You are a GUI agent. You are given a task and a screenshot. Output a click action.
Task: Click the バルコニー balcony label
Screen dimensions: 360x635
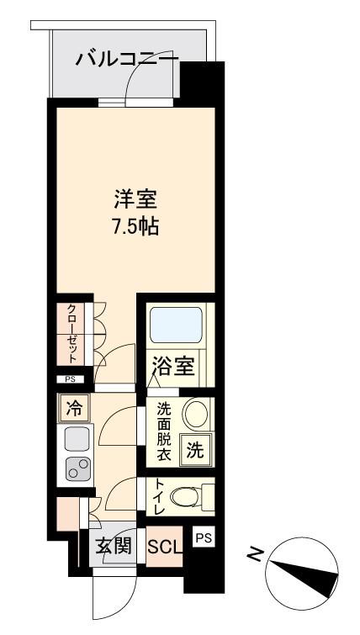127,60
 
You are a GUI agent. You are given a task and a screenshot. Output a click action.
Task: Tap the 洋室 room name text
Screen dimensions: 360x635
135,200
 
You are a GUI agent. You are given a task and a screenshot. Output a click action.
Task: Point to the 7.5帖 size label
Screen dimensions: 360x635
135,227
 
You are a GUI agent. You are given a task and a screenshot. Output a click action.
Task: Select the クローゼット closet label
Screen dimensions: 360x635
71,333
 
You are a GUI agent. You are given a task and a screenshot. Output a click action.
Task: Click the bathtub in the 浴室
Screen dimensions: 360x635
176,325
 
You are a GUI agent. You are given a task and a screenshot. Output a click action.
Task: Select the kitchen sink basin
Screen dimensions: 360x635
77,438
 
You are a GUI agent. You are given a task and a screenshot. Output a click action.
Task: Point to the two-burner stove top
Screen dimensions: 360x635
78,468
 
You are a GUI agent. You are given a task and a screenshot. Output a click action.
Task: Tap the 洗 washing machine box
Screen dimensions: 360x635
196,450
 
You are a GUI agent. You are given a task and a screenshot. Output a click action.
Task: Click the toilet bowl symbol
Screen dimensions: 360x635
186,496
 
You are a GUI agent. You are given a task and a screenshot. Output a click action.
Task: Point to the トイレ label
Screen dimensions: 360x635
158,496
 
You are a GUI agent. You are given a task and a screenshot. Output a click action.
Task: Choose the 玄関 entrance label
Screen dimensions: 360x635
114,548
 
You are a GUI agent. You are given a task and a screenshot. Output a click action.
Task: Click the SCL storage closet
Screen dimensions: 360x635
164,547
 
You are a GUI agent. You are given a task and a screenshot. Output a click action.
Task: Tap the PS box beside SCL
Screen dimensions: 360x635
204,537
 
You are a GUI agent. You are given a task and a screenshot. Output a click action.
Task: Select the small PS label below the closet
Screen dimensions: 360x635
71,379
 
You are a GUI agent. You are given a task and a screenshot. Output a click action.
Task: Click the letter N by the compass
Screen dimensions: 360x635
253,553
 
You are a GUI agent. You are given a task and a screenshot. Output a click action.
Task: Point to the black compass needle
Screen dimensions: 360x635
304,574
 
